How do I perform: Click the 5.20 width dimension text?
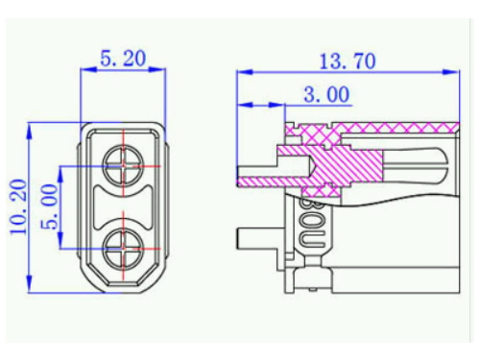click(x=123, y=59)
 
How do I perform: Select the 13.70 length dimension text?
click(x=348, y=61)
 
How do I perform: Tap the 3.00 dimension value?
click(x=326, y=95)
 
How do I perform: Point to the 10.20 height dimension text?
click(x=18, y=207)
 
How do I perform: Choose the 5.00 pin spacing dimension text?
click(x=50, y=206)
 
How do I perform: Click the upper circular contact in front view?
click(x=123, y=166)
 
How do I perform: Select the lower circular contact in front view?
click(x=123, y=249)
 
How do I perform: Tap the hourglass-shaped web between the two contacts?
click(x=123, y=207)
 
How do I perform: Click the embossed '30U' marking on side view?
click(x=313, y=225)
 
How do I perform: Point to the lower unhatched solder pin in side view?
click(x=257, y=238)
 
